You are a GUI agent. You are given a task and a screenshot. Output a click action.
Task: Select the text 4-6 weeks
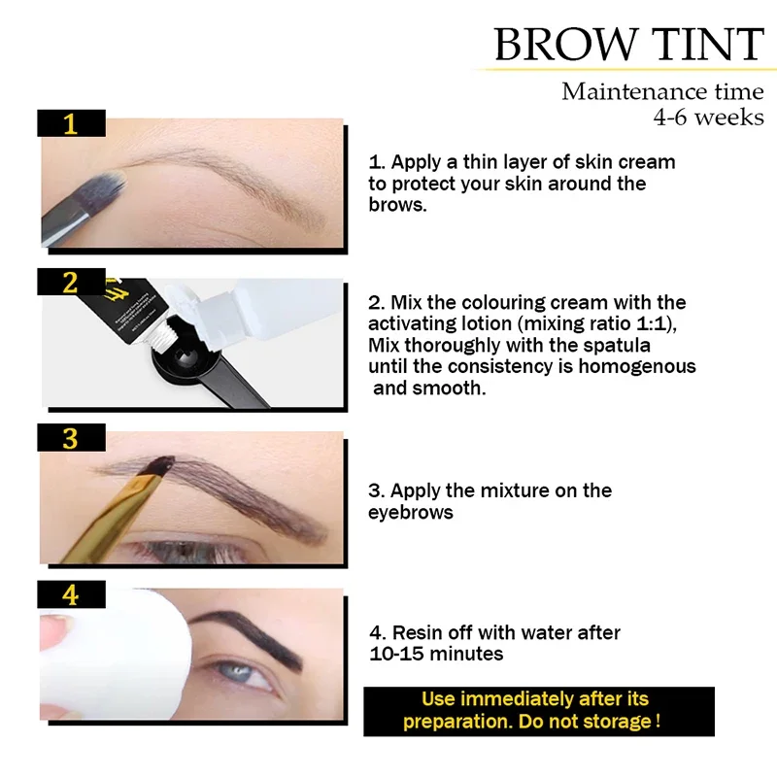tap(708, 118)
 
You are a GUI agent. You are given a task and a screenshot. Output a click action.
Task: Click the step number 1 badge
tap(70, 123)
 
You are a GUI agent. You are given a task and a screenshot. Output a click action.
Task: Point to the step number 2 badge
tap(70, 282)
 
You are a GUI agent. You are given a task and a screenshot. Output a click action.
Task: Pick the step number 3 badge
tap(70, 438)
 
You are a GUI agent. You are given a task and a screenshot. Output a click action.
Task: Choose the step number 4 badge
tap(70, 594)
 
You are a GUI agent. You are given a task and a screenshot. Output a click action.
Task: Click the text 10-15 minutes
tap(436, 654)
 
